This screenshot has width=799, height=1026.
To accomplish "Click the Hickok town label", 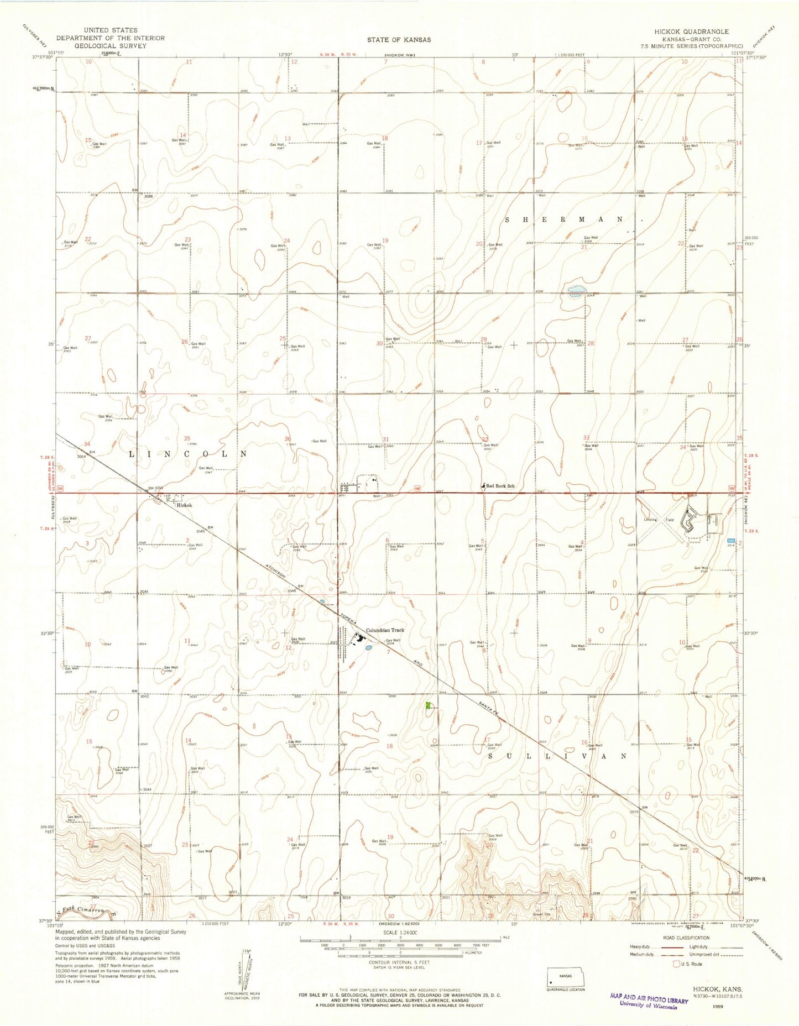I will click(184, 505).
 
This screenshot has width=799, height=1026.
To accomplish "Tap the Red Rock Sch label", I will click(500, 486).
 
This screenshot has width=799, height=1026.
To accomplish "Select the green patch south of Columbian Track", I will click(429, 706).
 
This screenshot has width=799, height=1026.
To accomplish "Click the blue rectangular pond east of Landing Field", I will click(731, 540).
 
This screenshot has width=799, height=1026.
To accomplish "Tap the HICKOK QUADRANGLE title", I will click(691, 32).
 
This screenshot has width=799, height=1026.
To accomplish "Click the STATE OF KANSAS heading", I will click(399, 39).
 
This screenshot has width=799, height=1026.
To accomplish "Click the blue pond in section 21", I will click(575, 291).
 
